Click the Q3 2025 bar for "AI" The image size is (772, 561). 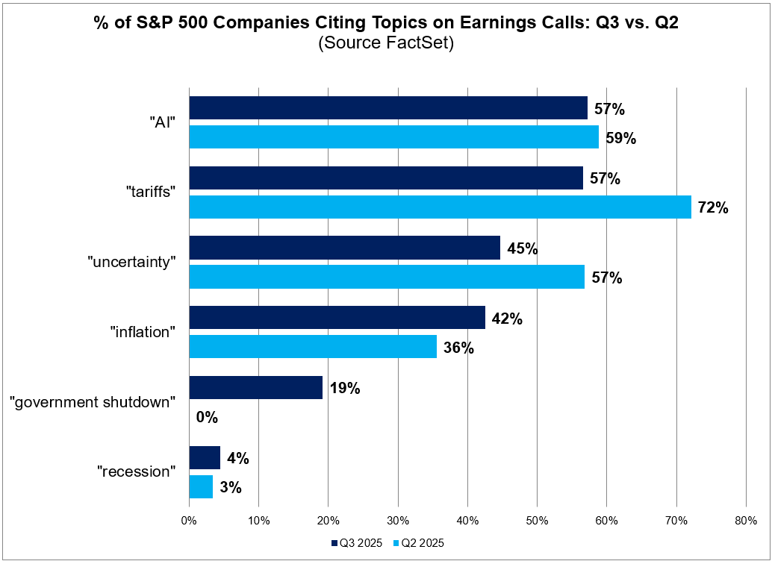tap(388, 108)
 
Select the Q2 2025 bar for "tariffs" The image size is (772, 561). tap(440, 207)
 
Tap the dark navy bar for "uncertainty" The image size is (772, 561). tap(344, 248)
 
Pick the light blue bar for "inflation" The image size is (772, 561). tap(313, 347)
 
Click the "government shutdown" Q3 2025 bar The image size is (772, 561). tap(255, 387)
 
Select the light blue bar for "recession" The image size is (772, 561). tap(201, 487)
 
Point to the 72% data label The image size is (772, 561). tap(712, 208)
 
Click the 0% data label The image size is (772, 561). tap(207, 418)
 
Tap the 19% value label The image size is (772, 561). tap(344, 388)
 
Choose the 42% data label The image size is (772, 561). tap(507, 319)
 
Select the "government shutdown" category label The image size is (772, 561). tap(93, 402)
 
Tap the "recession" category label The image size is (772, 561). tap(137, 471)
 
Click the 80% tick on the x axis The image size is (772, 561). tap(745, 519)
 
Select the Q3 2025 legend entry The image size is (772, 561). tap(355, 543)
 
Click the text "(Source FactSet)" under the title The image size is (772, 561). tap(386, 43)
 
